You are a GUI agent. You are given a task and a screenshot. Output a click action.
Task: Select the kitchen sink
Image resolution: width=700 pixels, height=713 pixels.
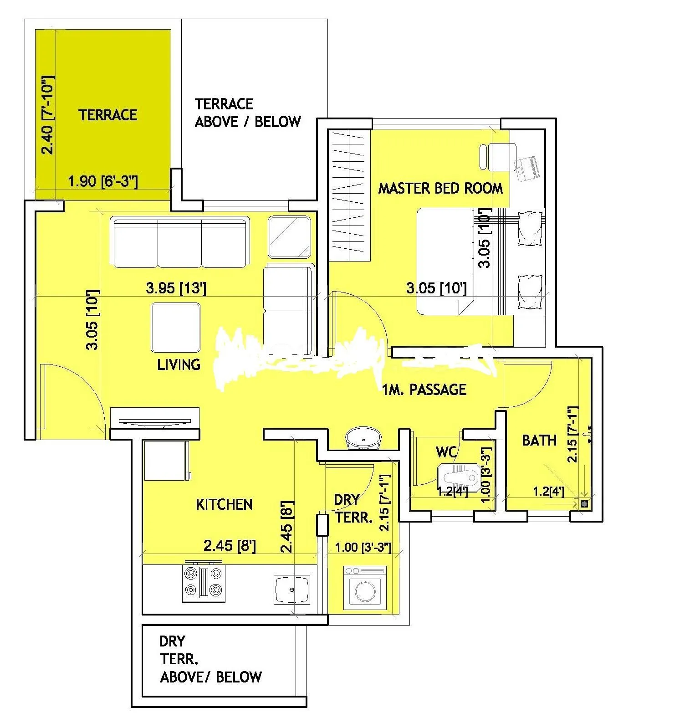[291, 589]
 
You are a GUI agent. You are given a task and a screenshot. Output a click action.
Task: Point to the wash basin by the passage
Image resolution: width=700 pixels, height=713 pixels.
[363, 439]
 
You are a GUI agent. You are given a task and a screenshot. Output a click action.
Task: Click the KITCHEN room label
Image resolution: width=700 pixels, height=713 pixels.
[224, 505]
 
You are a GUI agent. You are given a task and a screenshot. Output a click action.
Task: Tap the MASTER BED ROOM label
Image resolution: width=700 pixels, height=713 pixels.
[440, 188]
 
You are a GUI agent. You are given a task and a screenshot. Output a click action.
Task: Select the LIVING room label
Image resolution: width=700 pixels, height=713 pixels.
[179, 364]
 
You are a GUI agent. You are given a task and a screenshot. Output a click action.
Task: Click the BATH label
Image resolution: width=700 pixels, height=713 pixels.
[539, 441]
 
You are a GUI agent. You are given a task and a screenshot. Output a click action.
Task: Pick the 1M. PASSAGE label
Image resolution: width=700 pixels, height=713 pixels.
[424, 390]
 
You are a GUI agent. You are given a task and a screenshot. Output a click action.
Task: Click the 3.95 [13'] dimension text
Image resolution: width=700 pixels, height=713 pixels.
[176, 288]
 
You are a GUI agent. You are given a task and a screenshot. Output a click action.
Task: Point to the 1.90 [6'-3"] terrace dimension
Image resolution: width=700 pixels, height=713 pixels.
[102, 182]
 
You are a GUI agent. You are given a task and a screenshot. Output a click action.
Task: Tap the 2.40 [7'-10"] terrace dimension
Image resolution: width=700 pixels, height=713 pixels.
[48, 115]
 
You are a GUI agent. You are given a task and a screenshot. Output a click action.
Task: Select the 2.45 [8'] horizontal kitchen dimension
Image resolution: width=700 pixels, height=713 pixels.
[230, 546]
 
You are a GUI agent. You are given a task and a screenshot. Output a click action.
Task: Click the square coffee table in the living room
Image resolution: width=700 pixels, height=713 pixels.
[175, 327]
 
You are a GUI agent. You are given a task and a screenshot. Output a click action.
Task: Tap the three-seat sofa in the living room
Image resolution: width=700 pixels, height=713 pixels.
[180, 242]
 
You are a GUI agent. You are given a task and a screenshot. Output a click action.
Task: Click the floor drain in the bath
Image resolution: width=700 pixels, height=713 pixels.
[584, 504]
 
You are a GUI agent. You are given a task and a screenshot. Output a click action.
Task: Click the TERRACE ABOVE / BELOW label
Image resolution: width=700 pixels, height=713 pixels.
[247, 113]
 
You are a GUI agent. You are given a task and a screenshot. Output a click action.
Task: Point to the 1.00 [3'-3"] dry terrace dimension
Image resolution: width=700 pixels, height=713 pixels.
[363, 547]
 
